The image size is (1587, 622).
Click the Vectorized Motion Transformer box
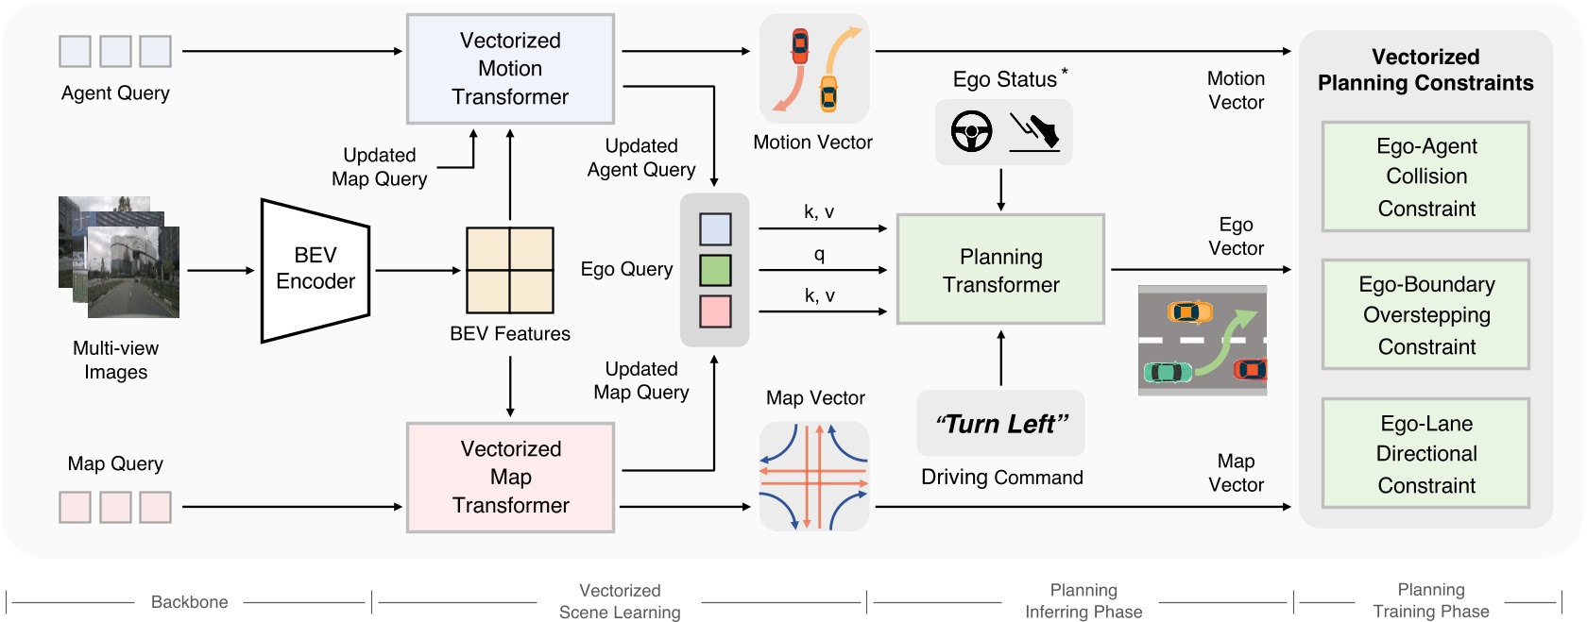pos(510,69)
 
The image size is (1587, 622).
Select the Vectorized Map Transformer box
pos(510,478)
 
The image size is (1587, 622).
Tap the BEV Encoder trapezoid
pos(315,269)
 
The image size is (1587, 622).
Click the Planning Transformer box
pos(1000,270)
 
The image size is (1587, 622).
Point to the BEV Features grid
pos(510,270)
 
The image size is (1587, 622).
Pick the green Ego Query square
pos(715,270)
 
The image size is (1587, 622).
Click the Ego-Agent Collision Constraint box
pos(1425,177)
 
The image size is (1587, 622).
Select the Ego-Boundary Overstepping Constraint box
pos(1425,315)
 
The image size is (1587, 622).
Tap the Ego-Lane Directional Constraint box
pos(1425,454)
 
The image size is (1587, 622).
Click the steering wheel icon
pos(971,131)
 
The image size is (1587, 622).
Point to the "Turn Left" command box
pos(1000,424)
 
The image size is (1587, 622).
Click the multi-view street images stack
pos(119,257)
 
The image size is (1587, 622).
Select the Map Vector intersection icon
pos(814,476)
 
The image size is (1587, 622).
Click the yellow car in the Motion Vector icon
pos(828,92)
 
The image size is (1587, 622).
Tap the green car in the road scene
pos(1169,372)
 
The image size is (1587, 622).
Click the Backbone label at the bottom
pos(189,602)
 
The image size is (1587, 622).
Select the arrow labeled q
pos(822,270)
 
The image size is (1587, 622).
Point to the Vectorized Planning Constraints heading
pos(1425,70)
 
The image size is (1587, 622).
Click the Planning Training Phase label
pos(1430,600)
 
